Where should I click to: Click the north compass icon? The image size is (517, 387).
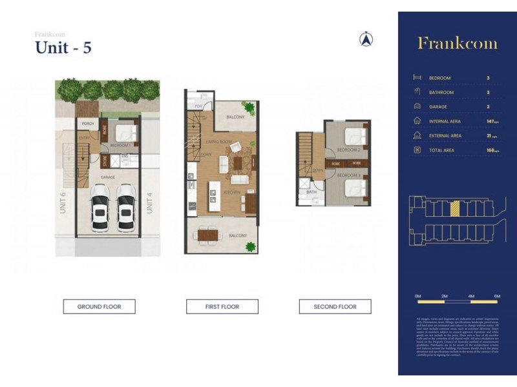pyautogui.click(x=366, y=39)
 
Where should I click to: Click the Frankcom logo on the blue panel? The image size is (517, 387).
pyautogui.click(x=457, y=43)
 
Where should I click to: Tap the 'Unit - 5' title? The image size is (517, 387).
pyautogui.click(x=63, y=48)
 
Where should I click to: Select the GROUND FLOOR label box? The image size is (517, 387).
pyautogui.click(x=99, y=306)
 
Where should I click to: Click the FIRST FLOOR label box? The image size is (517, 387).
pyautogui.click(x=222, y=306)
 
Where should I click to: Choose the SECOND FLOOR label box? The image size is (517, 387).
pyautogui.click(x=335, y=306)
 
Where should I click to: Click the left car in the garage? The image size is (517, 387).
pyautogui.click(x=100, y=208)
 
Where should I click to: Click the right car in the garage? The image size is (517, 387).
pyautogui.click(x=126, y=208)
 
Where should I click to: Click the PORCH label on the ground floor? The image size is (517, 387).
pyautogui.click(x=87, y=124)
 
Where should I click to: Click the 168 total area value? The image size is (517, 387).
pyautogui.click(x=491, y=150)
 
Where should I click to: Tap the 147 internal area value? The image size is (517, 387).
pyautogui.click(x=491, y=121)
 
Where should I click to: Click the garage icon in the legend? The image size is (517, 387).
pyautogui.click(x=417, y=106)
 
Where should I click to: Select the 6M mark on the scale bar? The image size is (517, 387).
pyautogui.click(x=496, y=295)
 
